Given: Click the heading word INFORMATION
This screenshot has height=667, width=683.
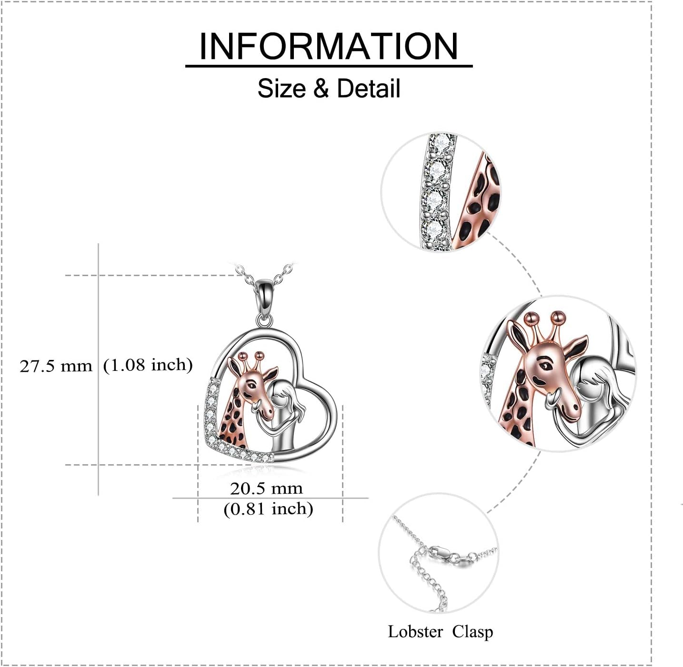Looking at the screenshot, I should click(329, 46).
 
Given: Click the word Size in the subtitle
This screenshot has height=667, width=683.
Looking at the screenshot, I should click(281, 89).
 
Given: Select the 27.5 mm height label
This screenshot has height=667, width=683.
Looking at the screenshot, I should click(56, 366).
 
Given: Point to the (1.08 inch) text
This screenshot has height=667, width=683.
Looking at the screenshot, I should click(148, 365).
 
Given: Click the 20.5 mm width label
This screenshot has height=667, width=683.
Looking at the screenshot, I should click(266, 488).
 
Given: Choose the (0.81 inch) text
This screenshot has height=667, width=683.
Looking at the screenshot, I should click(268, 509).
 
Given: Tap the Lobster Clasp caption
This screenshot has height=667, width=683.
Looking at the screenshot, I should click(440, 632).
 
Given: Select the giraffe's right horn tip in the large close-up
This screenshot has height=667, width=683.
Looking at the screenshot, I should click(557, 316).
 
